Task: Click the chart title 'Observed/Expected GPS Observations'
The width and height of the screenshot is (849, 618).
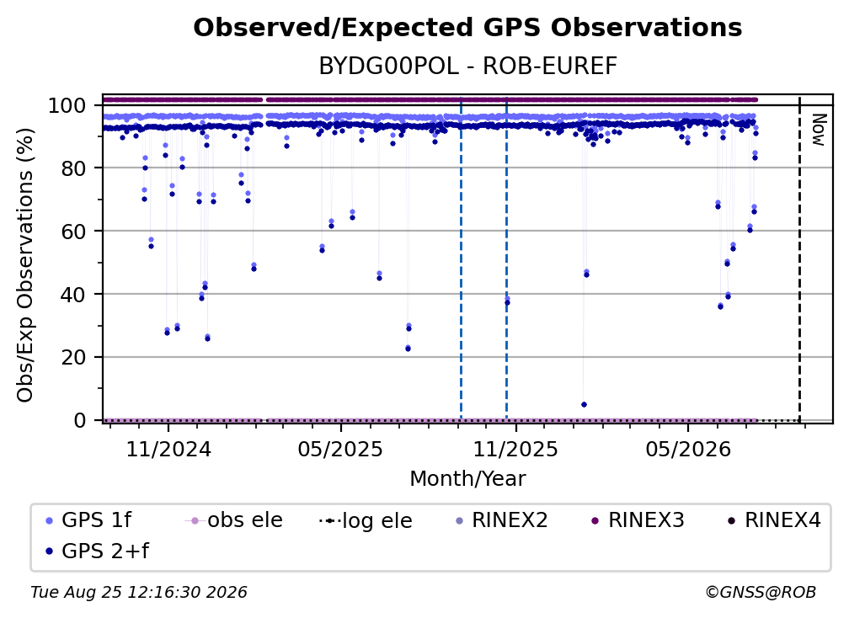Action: [467, 28]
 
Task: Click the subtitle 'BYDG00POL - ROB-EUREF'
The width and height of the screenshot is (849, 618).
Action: [467, 67]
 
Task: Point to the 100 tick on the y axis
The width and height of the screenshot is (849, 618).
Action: [74, 105]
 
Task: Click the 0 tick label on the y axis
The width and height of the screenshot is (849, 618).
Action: [80, 420]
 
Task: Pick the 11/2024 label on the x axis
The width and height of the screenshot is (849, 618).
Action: [168, 449]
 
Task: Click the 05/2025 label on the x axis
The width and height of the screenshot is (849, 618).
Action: [340, 449]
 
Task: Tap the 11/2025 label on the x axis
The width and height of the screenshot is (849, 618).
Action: [515, 449]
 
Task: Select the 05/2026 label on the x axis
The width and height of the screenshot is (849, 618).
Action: [688, 449]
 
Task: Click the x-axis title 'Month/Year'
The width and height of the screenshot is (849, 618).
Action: [467, 479]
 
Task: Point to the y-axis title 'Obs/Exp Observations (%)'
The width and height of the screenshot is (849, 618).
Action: [25, 265]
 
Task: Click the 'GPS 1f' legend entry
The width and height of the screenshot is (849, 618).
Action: [88, 520]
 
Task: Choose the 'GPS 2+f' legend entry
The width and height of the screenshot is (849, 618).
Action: [97, 551]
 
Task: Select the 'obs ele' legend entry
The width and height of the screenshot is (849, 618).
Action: [234, 520]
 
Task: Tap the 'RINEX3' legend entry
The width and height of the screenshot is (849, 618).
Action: [638, 520]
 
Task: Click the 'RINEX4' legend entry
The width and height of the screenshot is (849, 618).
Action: [774, 520]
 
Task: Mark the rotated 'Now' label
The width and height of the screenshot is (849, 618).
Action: [818, 130]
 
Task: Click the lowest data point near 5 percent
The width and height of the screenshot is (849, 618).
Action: [584, 405]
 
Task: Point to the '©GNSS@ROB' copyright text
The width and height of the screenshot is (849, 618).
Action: [761, 593]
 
